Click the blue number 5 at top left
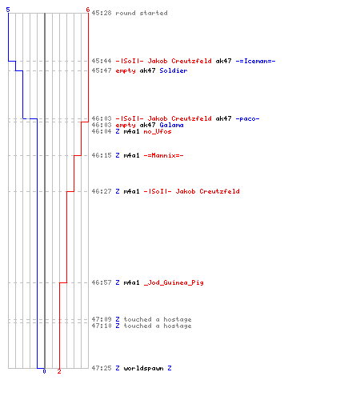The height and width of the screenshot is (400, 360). pyautogui.click(x=8, y=10)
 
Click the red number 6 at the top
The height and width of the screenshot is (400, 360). pyautogui.click(x=88, y=10)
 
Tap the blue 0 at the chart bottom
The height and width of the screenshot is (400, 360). pyautogui.click(x=44, y=371)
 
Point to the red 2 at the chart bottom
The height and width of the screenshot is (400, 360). pyautogui.click(x=59, y=371)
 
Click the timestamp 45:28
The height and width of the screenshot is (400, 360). pyautogui.click(x=102, y=13)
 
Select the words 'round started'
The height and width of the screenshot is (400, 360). pyautogui.click(x=142, y=13)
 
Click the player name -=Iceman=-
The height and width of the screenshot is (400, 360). pyautogui.click(x=255, y=61)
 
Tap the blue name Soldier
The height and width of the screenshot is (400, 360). pyautogui.click(x=174, y=70)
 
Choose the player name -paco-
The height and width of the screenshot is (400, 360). pyautogui.click(x=247, y=118)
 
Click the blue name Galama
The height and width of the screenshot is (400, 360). pyautogui.click(x=171, y=125)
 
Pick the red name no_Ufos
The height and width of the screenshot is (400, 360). pyautogui.click(x=158, y=131)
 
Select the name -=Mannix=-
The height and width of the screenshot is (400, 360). pyautogui.click(x=163, y=155)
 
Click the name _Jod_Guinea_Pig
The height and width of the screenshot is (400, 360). pyautogui.click(x=174, y=282)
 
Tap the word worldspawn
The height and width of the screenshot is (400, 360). pyautogui.click(x=143, y=368)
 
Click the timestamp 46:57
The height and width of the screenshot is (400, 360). pyautogui.click(x=102, y=282)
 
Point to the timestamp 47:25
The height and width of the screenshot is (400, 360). pyautogui.click(x=102, y=368)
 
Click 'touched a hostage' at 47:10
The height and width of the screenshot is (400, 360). pyautogui.click(x=158, y=326)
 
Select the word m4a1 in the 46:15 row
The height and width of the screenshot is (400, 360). pyautogui.click(x=131, y=155)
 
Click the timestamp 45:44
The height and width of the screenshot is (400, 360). pyautogui.click(x=102, y=61)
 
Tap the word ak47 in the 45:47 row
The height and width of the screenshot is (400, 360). pyautogui.click(x=147, y=70)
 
